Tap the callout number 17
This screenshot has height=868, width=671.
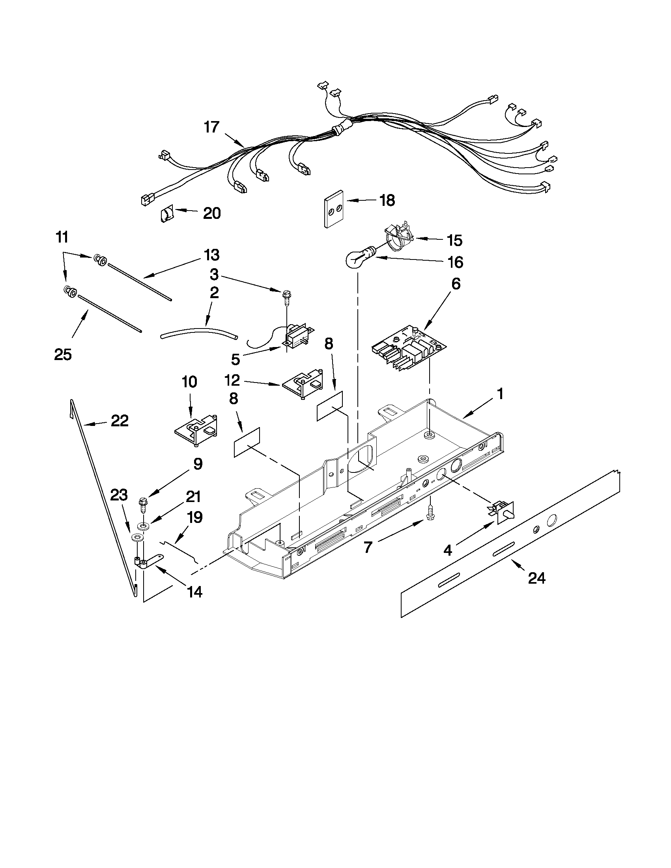pos(211,127)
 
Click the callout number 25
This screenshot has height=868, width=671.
pos(63,354)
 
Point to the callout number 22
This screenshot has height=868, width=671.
pos(120,420)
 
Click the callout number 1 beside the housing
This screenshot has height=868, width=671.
pos(500,394)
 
